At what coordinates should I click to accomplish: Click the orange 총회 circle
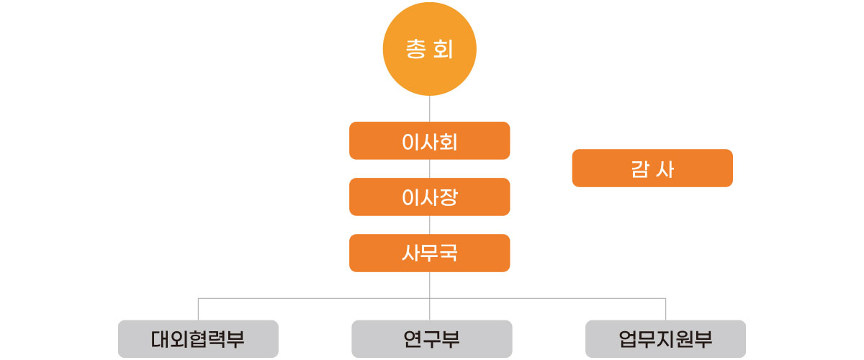point(430,51)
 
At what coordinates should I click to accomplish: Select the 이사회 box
point(430,140)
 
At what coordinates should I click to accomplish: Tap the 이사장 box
point(430,197)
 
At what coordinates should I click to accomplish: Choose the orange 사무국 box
point(430,253)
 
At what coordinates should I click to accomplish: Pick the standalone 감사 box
point(652,168)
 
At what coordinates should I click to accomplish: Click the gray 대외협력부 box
point(198,338)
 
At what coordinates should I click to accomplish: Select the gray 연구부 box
point(431,338)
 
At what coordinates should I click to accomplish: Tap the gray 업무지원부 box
point(665,338)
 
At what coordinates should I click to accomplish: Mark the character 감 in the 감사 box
point(638,168)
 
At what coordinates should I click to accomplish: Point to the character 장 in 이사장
point(449,197)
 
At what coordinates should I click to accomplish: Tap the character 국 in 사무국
point(449,253)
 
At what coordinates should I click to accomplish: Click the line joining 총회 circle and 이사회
point(430,109)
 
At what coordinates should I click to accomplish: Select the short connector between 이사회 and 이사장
point(430,168)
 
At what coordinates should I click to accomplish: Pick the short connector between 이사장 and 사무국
point(430,225)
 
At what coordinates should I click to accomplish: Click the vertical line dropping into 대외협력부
point(198,309)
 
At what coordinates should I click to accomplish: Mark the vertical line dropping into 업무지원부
point(665,309)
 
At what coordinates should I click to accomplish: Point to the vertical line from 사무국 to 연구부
point(430,284)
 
